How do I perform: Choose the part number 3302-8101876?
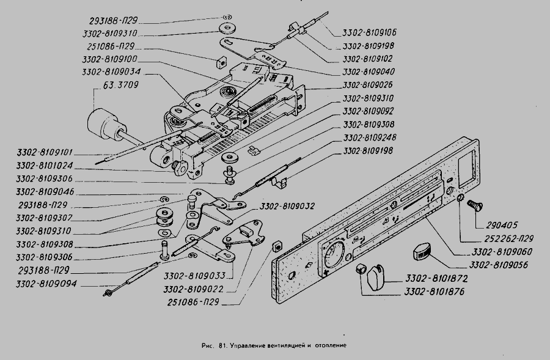(x=435, y=292)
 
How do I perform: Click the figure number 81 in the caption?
(x=218, y=345)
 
